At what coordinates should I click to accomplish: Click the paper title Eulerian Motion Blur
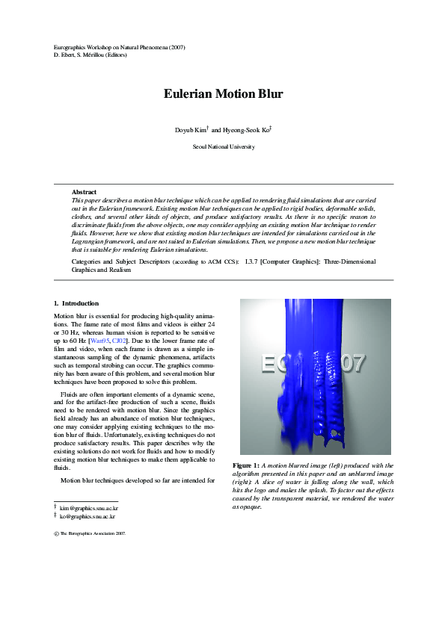[223, 94]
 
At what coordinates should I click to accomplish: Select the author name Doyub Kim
[191, 130]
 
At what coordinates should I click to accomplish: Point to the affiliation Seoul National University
[223, 147]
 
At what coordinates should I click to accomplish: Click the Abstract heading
[84, 193]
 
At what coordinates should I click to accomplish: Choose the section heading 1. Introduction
[76, 303]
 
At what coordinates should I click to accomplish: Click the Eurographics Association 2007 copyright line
[90, 535]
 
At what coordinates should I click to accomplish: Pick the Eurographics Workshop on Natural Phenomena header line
[120, 47]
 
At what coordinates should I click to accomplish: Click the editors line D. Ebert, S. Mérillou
[90, 55]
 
